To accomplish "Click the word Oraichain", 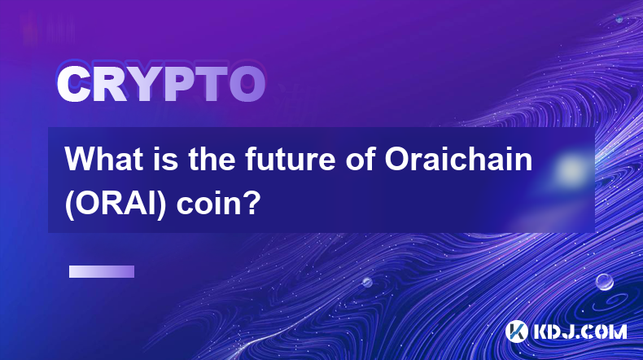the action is point(458,159).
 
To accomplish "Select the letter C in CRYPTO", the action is point(74,85).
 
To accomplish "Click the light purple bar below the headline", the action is point(102,272).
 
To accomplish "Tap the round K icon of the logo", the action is point(516,331).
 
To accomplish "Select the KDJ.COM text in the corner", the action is point(580,331).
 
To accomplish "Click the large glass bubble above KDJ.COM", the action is point(605,282).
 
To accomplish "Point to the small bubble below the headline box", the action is point(367,282).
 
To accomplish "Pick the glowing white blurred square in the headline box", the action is point(571,169).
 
